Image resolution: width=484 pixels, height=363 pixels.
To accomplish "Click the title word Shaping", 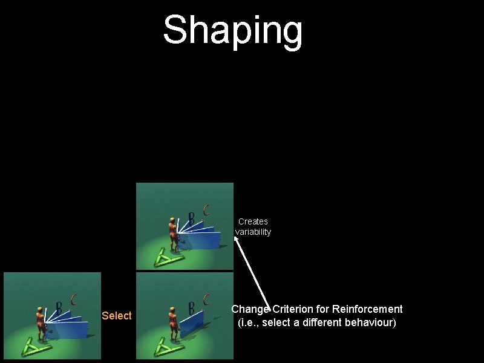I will pyautogui.click(x=233, y=30).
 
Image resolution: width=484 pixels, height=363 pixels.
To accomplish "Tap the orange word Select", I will pyautogui.click(x=117, y=316).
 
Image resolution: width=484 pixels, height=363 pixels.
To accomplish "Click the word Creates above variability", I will pyautogui.click(x=253, y=221).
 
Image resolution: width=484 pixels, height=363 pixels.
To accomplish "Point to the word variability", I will pyautogui.click(x=253, y=232).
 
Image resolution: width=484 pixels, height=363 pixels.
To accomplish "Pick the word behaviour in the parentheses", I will pyautogui.click(x=368, y=322).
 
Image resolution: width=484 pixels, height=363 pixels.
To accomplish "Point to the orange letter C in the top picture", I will pyautogui.click(x=207, y=210).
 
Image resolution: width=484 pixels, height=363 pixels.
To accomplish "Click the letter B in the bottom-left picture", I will pyautogui.click(x=59, y=307).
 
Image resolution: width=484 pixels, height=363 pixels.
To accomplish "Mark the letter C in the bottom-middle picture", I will pyautogui.click(x=207, y=299).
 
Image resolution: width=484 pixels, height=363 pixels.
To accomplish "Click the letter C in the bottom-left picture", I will pyautogui.click(x=74, y=299).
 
